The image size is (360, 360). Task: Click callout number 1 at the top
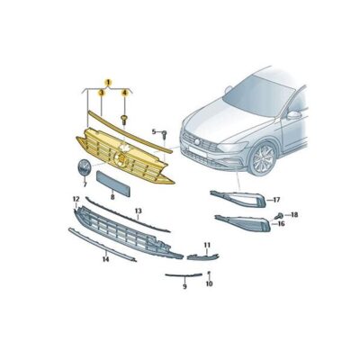tap(108, 82)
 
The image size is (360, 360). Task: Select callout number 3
tap(102, 94)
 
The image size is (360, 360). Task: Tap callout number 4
tap(124, 94)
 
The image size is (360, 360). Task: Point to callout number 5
tap(154, 132)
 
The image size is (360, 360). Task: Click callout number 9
tap(184, 286)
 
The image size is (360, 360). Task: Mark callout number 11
tap(206, 245)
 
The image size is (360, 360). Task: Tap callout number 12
tap(76, 198)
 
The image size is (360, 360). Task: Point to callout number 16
tap(281, 223)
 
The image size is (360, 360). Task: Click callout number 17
tap(277, 199)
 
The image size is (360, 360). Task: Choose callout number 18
tap(294, 215)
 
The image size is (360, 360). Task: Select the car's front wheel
tap(263, 159)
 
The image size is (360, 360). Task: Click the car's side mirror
tap(293, 114)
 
